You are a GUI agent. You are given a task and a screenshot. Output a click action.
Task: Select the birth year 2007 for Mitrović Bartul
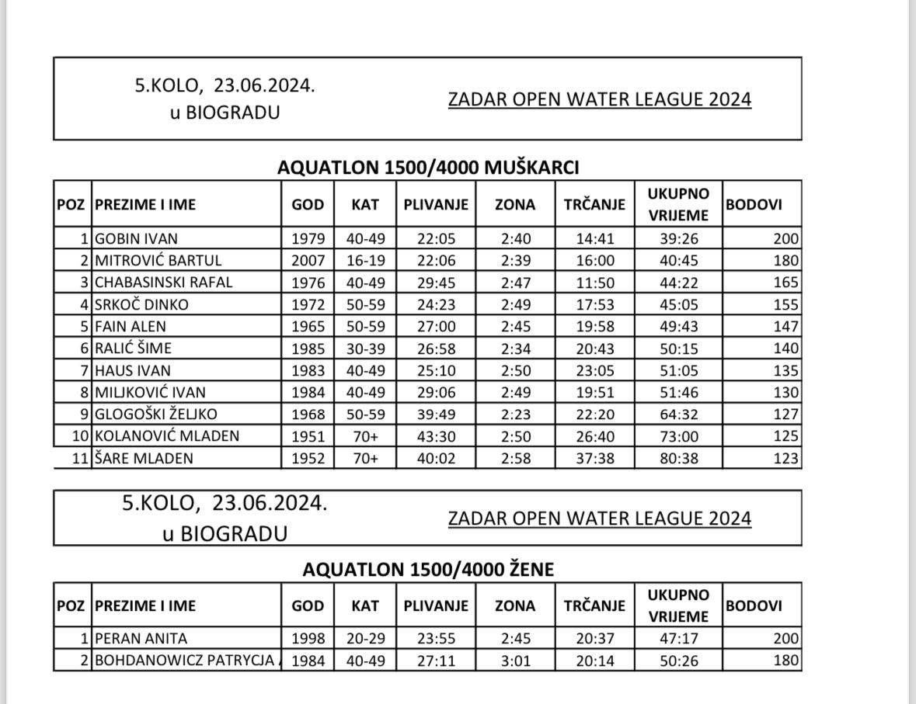pyautogui.click(x=308, y=260)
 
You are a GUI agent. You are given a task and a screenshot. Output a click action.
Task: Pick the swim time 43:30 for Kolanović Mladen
pyautogui.click(x=436, y=436)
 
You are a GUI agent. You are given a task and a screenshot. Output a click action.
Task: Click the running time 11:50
pyautogui.click(x=594, y=283)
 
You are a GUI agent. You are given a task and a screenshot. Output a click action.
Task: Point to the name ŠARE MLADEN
pyautogui.click(x=144, y=459)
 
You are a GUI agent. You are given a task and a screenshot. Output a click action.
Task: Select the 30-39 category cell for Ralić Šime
pyautogui.click(x=364, y=349)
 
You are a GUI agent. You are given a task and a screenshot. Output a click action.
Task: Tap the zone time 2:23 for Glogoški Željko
pyautogui.click(x=515, y=414)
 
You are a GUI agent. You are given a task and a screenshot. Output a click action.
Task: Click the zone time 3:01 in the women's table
pyautogui.click(x=515, y=661)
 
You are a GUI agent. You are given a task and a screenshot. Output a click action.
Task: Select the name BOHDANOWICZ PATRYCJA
pyautogui.click(x=184, y=661)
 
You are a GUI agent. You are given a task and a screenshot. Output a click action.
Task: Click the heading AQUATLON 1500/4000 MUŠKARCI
pyautogui.click(x=428, y=168)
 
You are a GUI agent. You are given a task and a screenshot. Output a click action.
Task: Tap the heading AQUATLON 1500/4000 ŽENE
pyautogui.click(x=428, y=570)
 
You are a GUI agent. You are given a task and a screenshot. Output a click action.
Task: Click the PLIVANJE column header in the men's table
pyautogui.click(x=436, y=205)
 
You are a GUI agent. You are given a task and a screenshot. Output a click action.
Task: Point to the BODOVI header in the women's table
pyautogui.click(x=753, y=606)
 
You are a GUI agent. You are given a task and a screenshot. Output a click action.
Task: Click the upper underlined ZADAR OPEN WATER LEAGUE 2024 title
pyautogui.click(x=600, y=99)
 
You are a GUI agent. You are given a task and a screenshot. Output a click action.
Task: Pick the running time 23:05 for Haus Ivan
pyautogui.click(x=594, y=370)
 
